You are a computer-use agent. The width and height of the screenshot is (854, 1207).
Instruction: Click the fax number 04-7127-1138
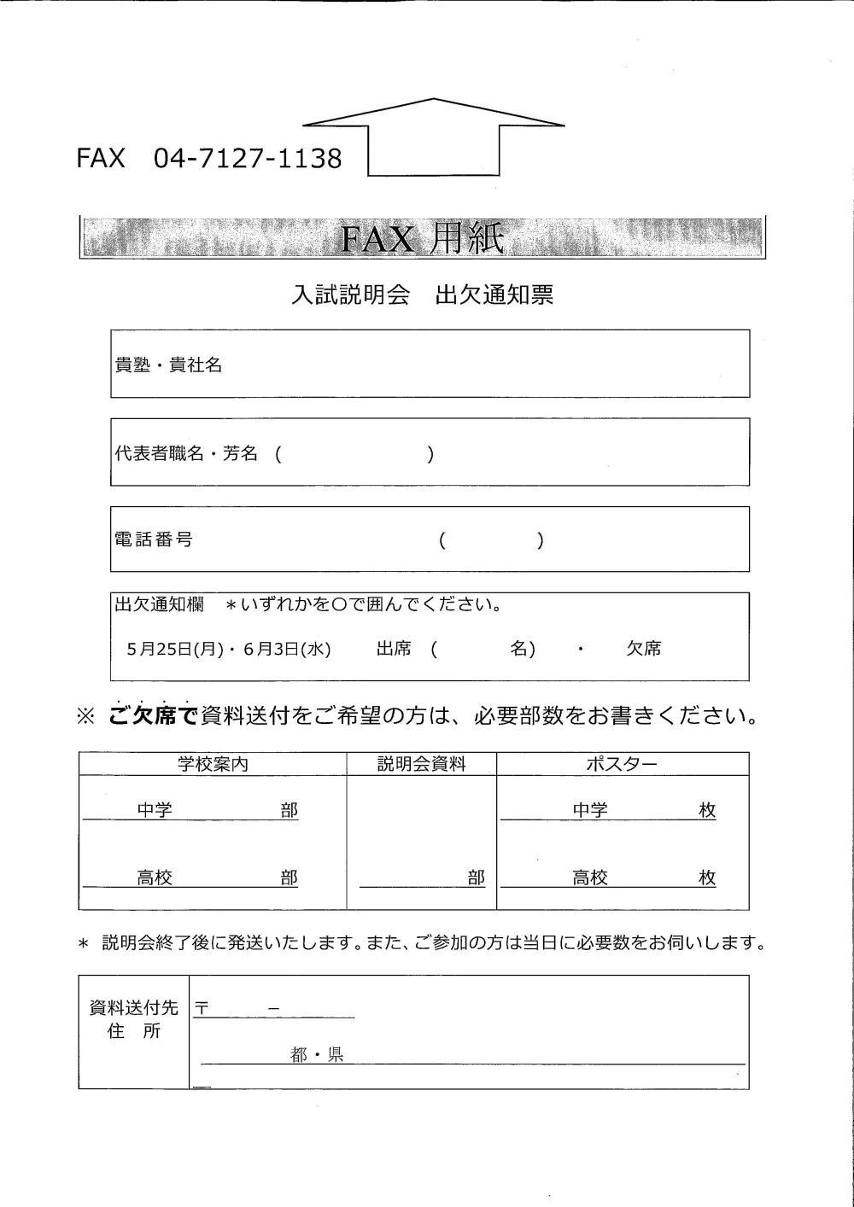click(x=247, y=158)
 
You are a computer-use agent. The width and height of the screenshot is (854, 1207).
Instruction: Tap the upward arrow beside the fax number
click(x=433, y=137)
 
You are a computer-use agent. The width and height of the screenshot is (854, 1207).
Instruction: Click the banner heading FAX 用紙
click(x=422, y=238)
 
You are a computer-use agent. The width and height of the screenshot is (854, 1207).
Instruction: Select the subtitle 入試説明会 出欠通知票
click(x=422, y=294)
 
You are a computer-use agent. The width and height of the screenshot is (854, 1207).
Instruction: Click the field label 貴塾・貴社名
click(x=168, y=364)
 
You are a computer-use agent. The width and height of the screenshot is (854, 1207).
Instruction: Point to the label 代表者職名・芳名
click(x=186, y=453)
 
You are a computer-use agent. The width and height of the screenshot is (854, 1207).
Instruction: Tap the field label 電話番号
click(x=153, y=539)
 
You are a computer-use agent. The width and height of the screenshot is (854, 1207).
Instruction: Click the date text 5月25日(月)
click(x=174, y=649)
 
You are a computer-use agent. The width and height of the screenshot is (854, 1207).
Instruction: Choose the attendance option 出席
click(x=394, y=649)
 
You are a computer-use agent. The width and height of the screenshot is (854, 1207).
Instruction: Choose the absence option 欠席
click(x=644, y=649)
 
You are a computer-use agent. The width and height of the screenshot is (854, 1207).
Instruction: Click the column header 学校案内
click(x=213, y=764)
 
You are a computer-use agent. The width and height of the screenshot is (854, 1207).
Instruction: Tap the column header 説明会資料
click(x=422, y=764)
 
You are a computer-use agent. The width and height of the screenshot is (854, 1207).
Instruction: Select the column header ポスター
click(x=622, y=764)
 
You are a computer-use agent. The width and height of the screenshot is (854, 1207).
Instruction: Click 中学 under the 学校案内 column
click(x=155, y=810)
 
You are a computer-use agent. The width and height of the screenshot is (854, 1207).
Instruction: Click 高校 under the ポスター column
click(x=590, y=878)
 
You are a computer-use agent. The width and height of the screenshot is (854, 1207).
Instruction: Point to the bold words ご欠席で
click(x=154, y=715)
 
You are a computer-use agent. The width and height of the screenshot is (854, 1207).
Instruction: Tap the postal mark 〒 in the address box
click(x=202, y=1008)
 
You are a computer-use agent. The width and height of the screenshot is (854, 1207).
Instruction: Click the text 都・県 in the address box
click(x=317, y=1055)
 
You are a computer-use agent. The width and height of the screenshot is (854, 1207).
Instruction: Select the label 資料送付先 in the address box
click(x=134, y=1008)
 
